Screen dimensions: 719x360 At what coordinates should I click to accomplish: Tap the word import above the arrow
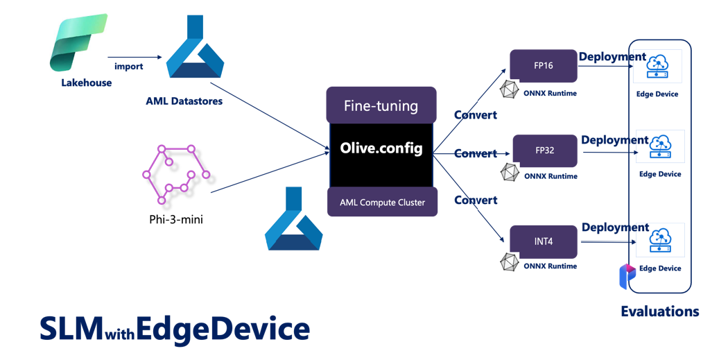128,66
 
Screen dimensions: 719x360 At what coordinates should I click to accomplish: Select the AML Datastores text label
184,101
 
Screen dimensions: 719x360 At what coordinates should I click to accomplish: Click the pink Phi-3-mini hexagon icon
176,174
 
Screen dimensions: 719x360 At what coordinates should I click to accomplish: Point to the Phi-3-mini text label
176,219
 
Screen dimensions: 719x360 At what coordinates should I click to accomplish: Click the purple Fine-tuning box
381,105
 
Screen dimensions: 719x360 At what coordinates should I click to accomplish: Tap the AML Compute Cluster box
382,202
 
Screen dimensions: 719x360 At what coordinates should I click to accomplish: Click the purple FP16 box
544,66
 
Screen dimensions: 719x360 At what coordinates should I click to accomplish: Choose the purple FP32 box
545,151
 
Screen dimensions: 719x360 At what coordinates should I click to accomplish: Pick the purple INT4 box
544,241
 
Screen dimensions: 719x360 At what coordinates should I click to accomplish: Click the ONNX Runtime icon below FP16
509,89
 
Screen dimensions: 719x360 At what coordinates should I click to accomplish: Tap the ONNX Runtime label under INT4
551,266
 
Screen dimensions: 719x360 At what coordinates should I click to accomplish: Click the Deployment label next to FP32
615,140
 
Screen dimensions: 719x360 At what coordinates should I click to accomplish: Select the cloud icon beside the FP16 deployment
657,67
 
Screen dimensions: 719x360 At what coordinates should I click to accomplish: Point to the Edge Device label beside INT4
660,268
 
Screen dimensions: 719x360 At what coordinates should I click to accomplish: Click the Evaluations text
660,311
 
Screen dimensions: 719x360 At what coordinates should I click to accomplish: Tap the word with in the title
119,334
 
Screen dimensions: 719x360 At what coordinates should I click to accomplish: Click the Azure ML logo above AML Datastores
195,46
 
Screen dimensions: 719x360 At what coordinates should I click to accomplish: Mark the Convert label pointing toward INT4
476,200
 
